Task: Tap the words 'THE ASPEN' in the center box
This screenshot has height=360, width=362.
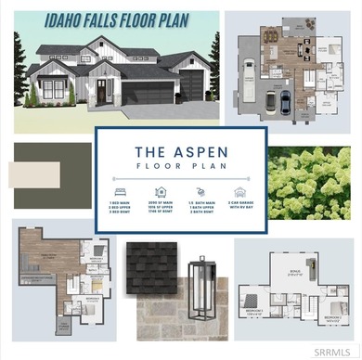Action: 181,150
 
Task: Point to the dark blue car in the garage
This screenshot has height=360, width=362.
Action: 283,100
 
